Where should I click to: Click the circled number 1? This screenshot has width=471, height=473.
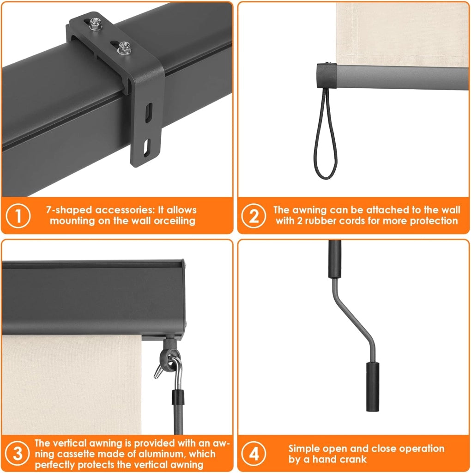[x=18, y=216]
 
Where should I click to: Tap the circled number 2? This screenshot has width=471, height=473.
[x=254, y=216]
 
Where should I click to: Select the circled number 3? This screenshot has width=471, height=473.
[x=18, y=454]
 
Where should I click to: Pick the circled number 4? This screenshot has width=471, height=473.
[x=254, y=454]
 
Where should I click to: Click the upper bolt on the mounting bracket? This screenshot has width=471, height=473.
[x=96, y=24]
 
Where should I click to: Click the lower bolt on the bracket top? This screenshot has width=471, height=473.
[x=124, y=48]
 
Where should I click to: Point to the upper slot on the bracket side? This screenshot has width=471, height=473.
[x=148, y=113]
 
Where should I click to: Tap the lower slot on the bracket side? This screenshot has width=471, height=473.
[x=147, y=148]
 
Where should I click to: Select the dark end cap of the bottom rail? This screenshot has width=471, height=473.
[x=326, y=75]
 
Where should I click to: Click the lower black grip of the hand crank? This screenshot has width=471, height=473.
[x=373, y=387]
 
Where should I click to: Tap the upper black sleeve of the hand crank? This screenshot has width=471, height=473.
[x=335, y=259]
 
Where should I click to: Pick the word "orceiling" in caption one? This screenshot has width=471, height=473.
[x=175, y=221]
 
